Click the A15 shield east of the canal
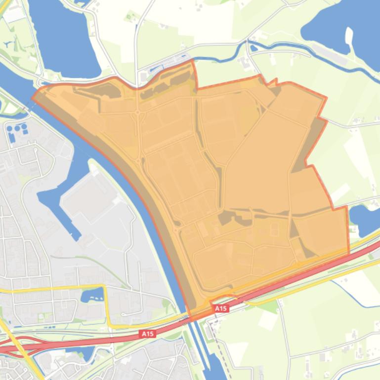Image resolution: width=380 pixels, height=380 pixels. [x=221, y=308]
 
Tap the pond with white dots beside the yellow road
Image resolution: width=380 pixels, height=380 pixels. [x=92, y=295]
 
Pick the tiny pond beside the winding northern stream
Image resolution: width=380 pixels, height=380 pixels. [x=253, y=48]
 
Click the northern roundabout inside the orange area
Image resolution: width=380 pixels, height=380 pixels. [x=137, y=113]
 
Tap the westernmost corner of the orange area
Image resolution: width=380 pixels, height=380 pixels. [x=33, y=97]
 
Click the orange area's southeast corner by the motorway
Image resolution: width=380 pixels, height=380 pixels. [x=348, y=253]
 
